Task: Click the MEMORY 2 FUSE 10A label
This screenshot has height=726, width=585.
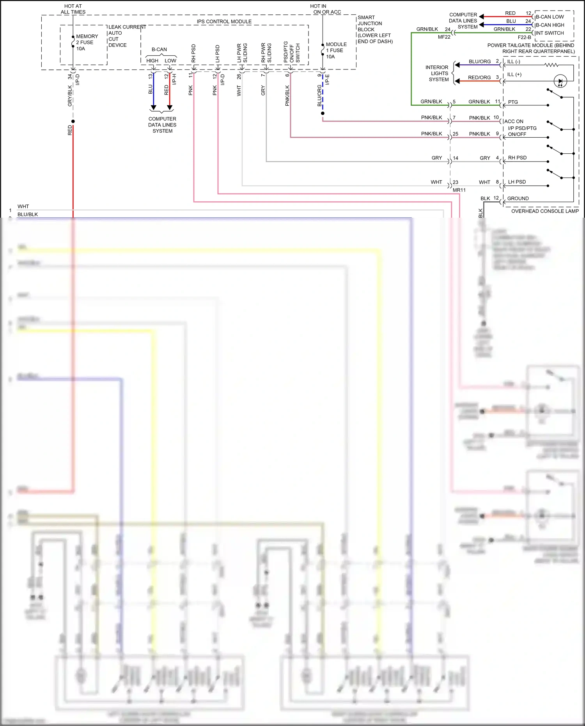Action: point(87,42)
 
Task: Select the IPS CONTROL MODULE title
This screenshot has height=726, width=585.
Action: point(224,21)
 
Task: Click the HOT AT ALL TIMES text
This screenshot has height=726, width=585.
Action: point(73,9)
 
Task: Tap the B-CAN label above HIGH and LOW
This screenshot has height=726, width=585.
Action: point(159,50)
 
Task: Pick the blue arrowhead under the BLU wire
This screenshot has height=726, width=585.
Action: point(154,107)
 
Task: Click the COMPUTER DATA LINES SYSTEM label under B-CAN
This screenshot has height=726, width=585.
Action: point(162,125)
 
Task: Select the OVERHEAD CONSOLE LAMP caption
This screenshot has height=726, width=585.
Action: point(545,211)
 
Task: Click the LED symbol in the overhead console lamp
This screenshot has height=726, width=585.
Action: point(560,81)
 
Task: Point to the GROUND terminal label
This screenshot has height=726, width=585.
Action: point(518,199)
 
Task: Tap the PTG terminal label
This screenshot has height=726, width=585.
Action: point(513,102)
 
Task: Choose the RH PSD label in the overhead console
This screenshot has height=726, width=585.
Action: point(517,158)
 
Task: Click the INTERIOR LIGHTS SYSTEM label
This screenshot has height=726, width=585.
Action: point(438,73)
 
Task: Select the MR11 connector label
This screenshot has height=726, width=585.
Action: point(459,190)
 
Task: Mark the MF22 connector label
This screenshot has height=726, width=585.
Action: point(444,37)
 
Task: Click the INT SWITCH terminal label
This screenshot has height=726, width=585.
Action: point(550,33)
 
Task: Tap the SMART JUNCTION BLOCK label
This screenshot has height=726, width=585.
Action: point(374,29)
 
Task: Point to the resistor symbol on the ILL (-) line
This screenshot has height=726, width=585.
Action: point(551,65)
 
